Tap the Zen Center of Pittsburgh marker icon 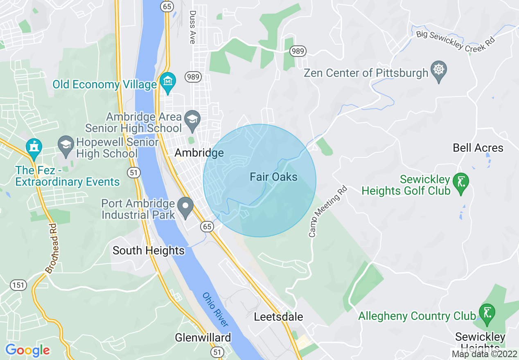tap(439, 71)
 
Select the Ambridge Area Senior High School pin tap(191, 119)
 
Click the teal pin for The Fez tap(34, 148)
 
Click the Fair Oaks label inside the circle tap(273, 177)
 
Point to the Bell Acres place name tap(478, 148)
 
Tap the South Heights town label tap(149, 250)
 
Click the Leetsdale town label tap(278, 317)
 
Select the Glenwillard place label tap(203, 337)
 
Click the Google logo tap(27, 350)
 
